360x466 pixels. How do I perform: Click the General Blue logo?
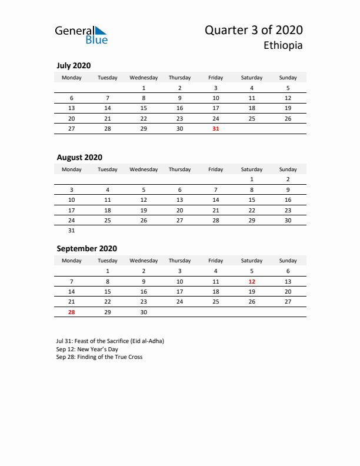pos(81,34)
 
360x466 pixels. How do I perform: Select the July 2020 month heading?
pos(74,66)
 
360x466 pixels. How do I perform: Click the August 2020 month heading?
pos(79,157)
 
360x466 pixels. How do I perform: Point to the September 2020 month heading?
pos(86,248)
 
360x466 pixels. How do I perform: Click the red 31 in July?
pos(215,128)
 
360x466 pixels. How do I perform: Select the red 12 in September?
pos(252,281)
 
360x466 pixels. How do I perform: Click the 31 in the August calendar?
pos(72,230)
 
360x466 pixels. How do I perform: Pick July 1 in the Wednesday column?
pos(144,88)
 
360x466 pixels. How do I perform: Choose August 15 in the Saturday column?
pos(252,200)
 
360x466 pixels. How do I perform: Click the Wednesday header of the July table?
pos(144,78)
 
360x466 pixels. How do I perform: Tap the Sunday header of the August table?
pos(288,169)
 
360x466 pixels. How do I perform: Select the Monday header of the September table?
pos(72,261)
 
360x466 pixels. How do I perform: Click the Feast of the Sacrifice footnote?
pos(110,341)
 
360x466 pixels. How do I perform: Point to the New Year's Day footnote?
pos(87,349)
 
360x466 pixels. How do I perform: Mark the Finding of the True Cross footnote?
pos(99,357)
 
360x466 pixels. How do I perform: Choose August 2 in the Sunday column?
pos(288,179)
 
